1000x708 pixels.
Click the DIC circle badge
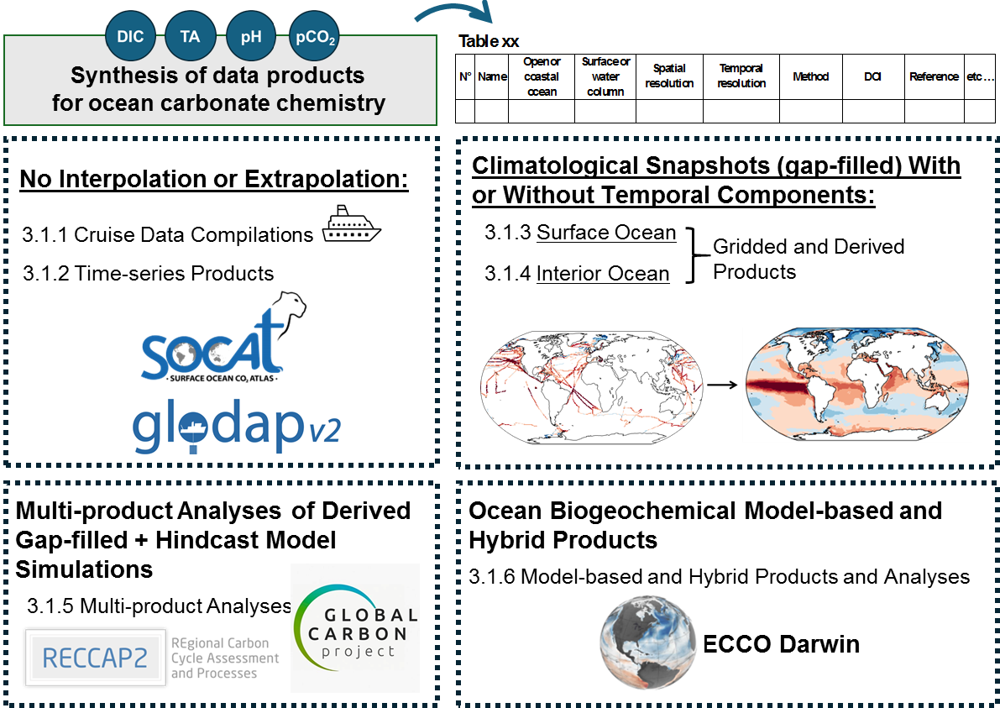click(x=130, y=37)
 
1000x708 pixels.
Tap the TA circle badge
click(x=191, y=37)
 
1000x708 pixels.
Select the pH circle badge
click(x=251, y=37)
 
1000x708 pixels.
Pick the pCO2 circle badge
click(x=314, y=37)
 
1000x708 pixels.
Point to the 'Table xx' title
click(x=489, y=42)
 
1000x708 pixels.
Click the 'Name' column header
click(x=492, y=76)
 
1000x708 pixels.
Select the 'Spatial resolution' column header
click(x=669, y=76)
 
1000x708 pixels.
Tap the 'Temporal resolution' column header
click(x=741, y=76)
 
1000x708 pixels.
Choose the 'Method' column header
click(x=810, y=76)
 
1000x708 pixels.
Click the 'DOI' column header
click(x=872, y=76)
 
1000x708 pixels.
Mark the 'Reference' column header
click(x=934, y=76)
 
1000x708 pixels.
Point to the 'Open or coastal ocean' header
click(x=542, y=76)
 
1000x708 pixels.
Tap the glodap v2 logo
click(x=240, y=428)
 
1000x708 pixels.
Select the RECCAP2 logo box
click(x=95, y=657)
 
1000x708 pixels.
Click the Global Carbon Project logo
click(x=354, y=627)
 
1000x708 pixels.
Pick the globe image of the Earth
click(x=647, y=643)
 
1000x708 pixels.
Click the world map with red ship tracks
click(x=592, y=385)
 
